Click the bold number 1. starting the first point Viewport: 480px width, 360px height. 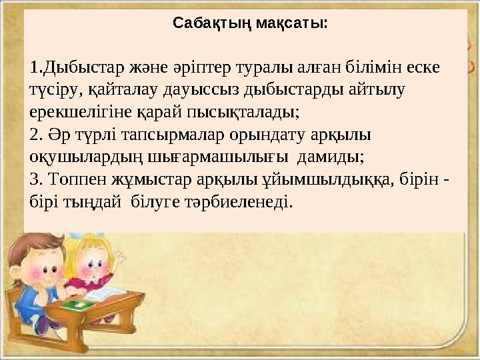click(x=36, y=68)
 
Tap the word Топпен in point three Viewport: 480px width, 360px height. click(x=73, y=179)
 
